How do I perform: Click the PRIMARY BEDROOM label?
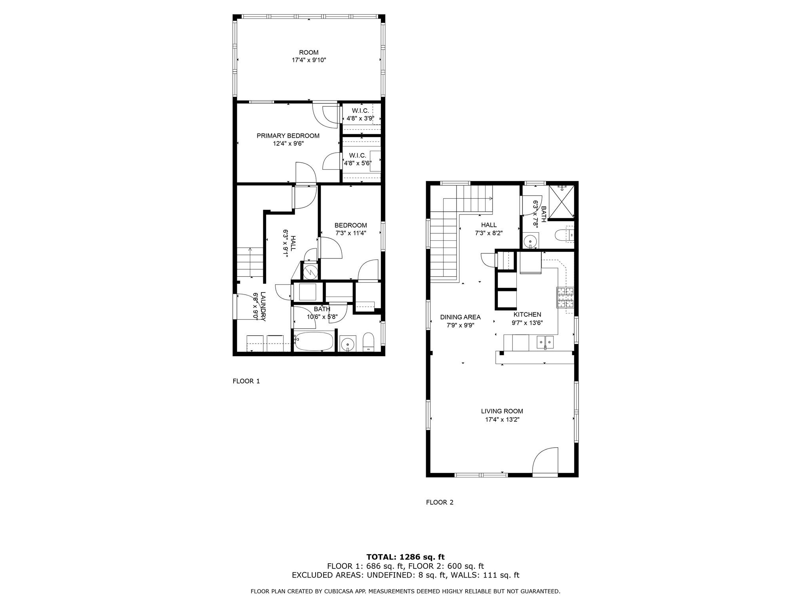(x=288, y=136)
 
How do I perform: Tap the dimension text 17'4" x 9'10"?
(x=308, y=61)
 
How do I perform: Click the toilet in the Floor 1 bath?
(x=368, y=342)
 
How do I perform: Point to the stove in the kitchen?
(x=565, y=298)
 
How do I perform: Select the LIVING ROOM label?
(x=502, y=411)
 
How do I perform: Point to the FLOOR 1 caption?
(x=246, y=381)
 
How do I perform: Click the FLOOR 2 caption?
(x=440, y=502)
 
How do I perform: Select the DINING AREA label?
(x=460, y=317)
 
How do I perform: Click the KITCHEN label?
(x=527, y=315)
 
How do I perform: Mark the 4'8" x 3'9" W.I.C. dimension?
(x=360, y=118)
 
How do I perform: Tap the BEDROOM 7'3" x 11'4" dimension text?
(x=350, y=233)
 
